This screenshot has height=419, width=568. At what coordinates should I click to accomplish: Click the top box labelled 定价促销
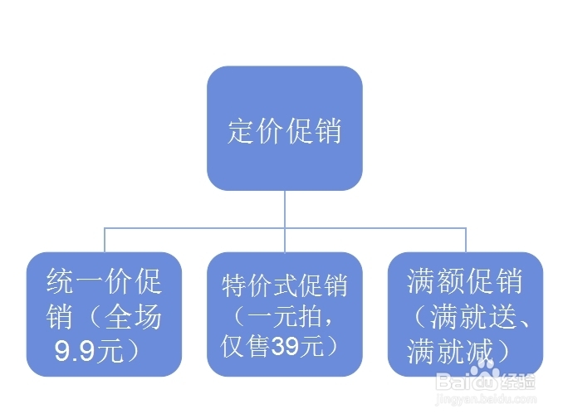[284, 128]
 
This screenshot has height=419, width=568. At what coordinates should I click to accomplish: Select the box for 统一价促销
[104, 314]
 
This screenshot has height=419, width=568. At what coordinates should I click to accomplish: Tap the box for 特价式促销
[284, 314]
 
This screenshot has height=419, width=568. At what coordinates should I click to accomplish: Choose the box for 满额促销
[465, 314]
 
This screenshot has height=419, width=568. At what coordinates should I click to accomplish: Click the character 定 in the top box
[240, 131]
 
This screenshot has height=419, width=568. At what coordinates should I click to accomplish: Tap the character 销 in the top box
[328, 131]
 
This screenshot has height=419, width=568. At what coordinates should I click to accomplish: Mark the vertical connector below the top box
[284, 207]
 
